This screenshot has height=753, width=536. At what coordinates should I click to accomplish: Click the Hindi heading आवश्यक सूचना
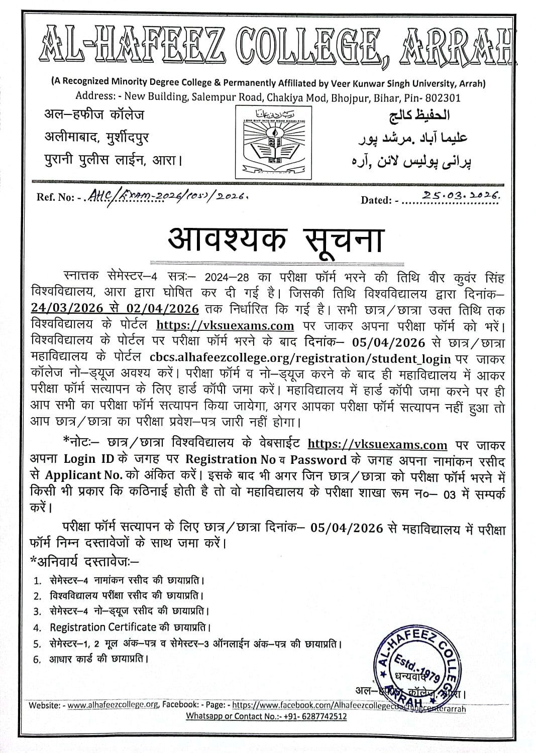coord(274,239)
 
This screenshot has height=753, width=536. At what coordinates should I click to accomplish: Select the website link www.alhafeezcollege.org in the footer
coord(113,705)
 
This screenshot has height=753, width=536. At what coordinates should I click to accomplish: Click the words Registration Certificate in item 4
coord(103,627)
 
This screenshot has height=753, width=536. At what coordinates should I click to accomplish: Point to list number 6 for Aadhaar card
coord(37,660)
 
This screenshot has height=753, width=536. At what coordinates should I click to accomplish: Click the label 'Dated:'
coord(376,200)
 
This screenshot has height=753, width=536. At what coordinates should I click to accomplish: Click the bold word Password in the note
coord(318,460)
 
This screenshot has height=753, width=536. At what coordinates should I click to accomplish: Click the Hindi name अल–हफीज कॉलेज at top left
coord(94,115)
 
